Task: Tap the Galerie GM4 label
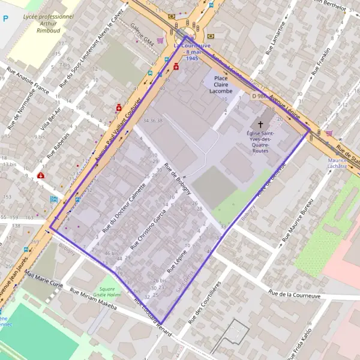point(142,34)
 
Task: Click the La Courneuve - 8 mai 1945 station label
point(192,52)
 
